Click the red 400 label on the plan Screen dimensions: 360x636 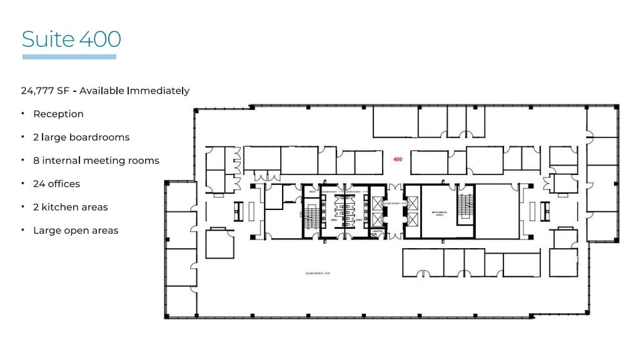pyautogui.click(x=397, y=159)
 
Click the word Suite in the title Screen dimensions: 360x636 pyautogui.click(x=48, y=39)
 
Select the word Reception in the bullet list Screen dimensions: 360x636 pyautogui.click(x=58, y=114)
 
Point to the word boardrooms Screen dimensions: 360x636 pyautogui.click(x=99, y=137)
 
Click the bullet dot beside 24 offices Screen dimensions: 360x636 pyautogui.click(x=23, y=184)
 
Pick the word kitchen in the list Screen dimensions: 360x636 pyautogui.click(x=64, y=207)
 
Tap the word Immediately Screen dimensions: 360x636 pyautogui.click(x=158, y=91)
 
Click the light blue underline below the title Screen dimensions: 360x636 pyautogui.click(x=69, y=57)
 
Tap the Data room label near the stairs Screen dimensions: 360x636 pyautogui.click(x=311, y=192)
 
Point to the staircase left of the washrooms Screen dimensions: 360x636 pyautogui.click(x=311, y=216)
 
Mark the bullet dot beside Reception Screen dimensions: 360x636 pyautogui.click(x=23, y=114)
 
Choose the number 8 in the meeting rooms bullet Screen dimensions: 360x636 pyautogui.click(x=36, y=161)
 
